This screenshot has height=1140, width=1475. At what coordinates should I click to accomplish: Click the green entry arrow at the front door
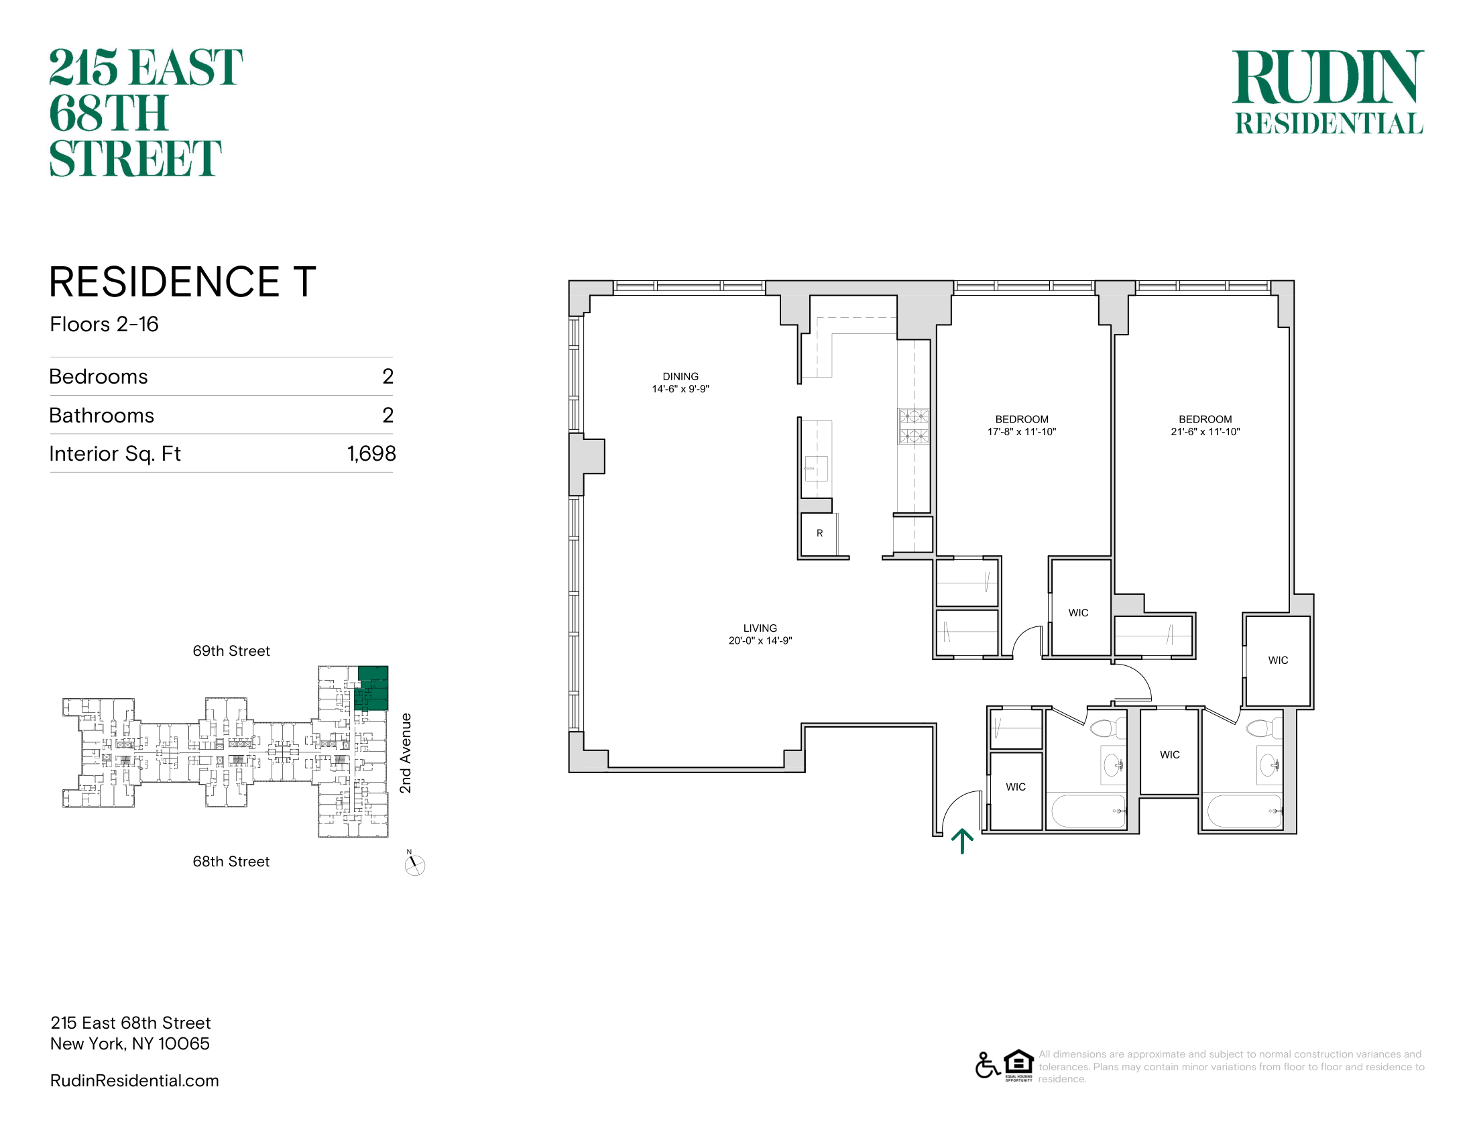[x=961, y=842]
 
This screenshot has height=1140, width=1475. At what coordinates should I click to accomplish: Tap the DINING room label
[x=680, y=382]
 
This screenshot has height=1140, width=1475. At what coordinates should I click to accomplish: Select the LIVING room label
[x=760, y=634]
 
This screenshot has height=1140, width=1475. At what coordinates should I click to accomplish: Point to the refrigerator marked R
[x=819, y=534]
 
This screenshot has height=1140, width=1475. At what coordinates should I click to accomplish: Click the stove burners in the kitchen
[x=914, y=426]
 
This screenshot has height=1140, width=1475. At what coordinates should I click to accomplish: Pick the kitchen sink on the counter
[x=817, y=467]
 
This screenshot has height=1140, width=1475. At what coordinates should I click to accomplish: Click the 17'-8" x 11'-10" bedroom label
[x=1021, y=425]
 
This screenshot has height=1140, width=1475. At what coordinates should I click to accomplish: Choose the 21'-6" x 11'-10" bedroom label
[x=1205, y=425]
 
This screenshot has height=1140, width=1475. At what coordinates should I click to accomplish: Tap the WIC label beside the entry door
[x=1015, y=787]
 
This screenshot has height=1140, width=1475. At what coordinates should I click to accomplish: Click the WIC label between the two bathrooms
[x=1170, y=754]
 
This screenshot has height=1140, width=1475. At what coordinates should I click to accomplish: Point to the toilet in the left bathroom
[x=1107, y=728]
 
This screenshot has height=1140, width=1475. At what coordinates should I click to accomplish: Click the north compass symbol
[x=414, y=864]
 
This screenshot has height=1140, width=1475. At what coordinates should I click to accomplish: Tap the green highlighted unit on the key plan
[x=372, y=687]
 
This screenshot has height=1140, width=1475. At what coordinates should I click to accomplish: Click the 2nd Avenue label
[x=405, y=753]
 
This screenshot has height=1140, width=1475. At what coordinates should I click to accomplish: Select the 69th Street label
[x=231, y=651]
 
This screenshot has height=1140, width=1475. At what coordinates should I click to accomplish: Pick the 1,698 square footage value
[x=371, y=453]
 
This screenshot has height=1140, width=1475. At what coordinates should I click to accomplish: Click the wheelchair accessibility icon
[x=988, y=1065]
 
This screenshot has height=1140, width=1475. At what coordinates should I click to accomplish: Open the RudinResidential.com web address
[x=134, y=1080]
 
